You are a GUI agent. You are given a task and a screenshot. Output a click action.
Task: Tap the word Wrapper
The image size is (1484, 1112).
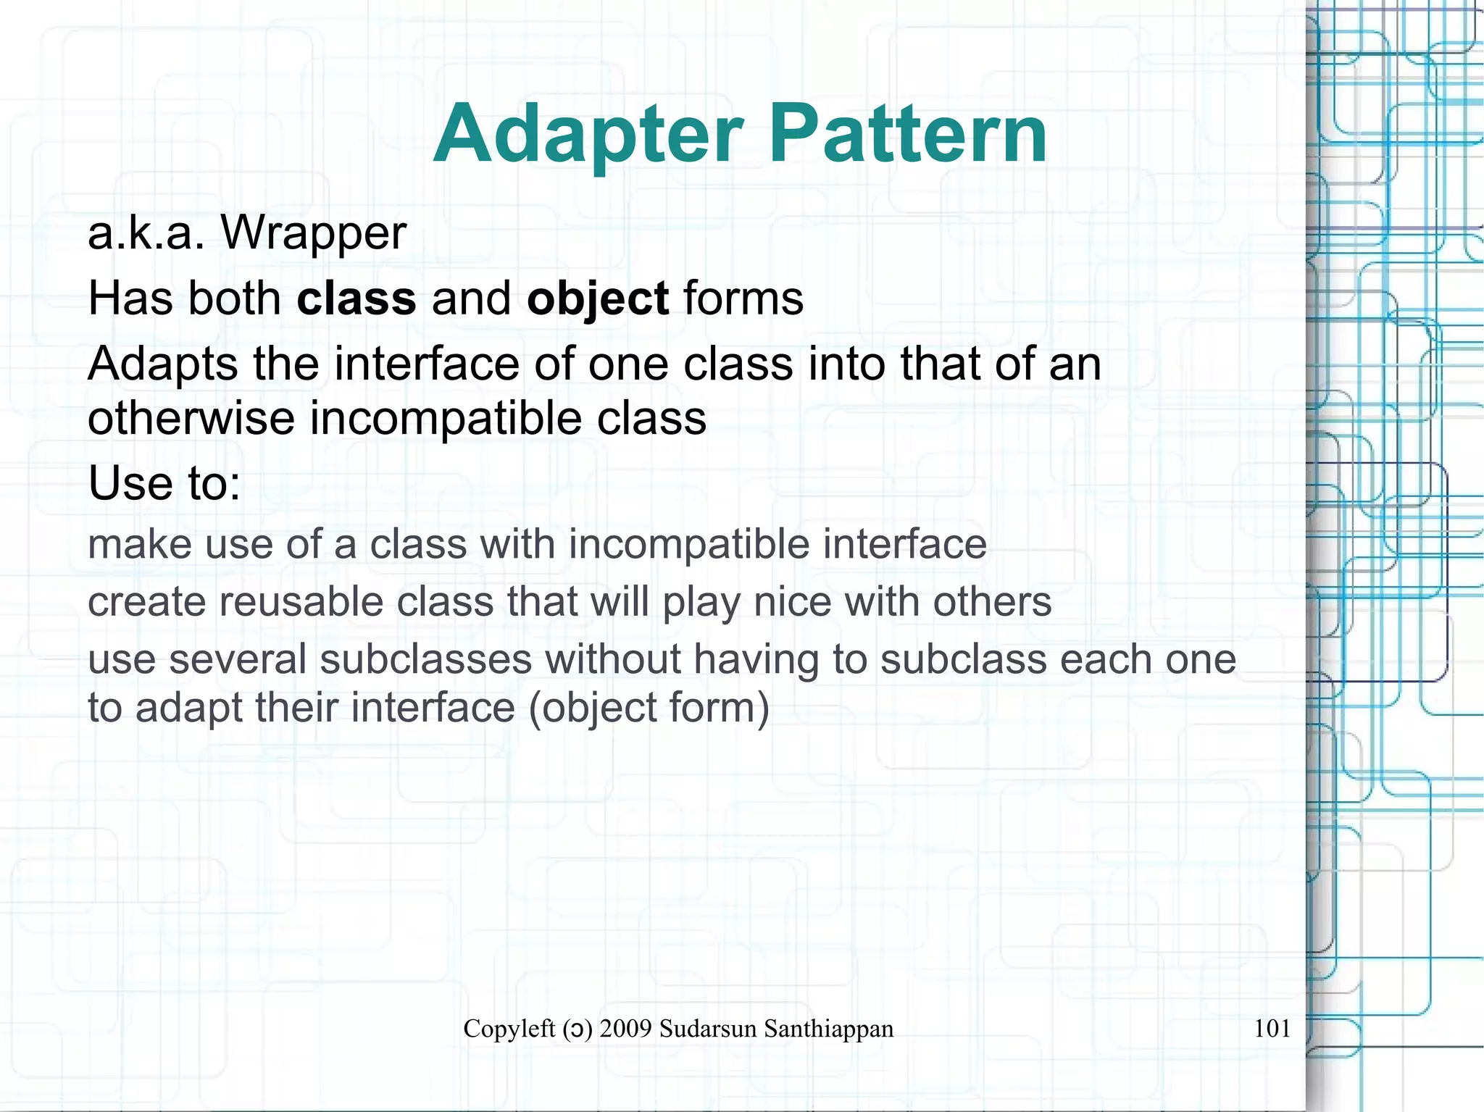313,233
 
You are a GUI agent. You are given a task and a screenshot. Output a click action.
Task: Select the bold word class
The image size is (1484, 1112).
357,298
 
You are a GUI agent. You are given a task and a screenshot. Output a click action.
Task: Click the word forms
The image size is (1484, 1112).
743,298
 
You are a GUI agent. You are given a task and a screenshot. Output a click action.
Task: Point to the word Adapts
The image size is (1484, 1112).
162,364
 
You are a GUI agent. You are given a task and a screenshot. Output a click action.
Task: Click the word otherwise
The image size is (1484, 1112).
191,419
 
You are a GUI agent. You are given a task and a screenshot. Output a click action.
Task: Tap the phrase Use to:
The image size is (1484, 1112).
164,483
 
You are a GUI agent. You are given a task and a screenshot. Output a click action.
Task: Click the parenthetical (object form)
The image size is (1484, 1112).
649,708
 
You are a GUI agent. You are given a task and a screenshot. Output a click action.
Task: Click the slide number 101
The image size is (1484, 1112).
1272,1028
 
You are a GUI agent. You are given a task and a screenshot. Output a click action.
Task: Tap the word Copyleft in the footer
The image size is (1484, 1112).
509,1029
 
